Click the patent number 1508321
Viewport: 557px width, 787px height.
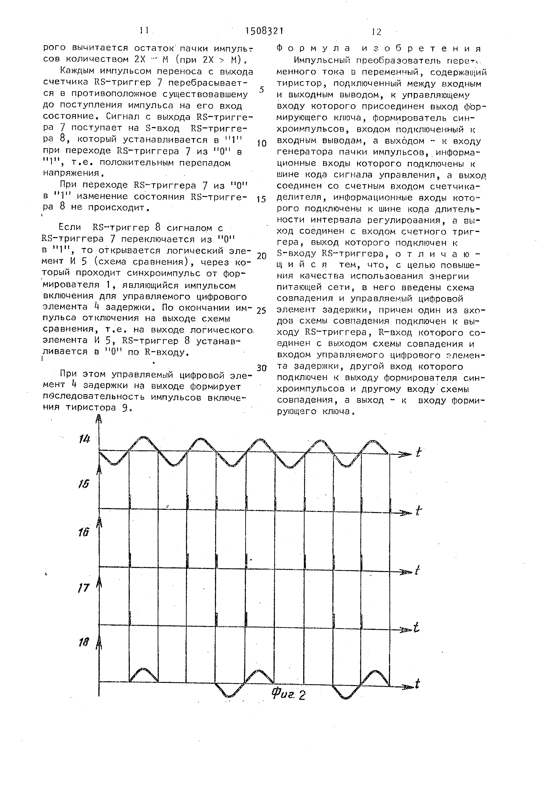coord(264,32)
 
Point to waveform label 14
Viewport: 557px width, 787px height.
coord(84,438)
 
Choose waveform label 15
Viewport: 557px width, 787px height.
coord(83,484)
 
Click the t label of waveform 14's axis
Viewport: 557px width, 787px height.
coord(418,453)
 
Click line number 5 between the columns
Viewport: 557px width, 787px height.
coord(262,90)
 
